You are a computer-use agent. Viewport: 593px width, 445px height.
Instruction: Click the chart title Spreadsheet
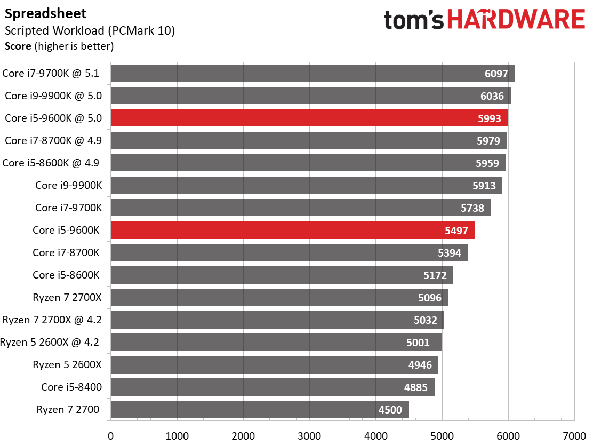45,14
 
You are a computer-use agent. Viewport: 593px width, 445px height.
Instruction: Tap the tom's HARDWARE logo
484,20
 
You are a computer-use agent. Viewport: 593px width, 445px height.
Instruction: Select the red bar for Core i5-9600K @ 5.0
309,118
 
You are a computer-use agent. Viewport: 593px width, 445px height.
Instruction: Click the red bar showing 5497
293,230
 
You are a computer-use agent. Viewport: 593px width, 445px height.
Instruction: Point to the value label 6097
496,74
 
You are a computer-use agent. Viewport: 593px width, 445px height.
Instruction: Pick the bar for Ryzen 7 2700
260,409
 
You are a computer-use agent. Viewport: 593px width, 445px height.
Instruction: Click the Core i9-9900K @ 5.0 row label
53,96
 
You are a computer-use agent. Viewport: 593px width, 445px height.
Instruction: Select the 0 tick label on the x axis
110,436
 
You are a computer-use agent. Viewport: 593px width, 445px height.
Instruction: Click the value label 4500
390,410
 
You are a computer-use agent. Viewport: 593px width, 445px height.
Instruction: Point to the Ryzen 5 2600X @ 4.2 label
50,343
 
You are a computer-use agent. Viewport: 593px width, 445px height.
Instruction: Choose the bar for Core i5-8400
273,387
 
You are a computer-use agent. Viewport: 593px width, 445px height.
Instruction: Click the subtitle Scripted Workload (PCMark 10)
90,30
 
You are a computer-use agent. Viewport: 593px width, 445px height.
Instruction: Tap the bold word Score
18,46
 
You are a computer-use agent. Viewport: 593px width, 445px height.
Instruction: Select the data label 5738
472,208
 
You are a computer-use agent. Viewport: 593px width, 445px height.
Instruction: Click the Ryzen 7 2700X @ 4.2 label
52,320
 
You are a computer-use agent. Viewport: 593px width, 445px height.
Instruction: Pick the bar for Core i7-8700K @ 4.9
309,140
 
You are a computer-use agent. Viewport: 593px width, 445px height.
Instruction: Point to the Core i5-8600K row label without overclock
66,275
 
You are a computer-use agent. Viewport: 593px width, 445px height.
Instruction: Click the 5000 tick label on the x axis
442,436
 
